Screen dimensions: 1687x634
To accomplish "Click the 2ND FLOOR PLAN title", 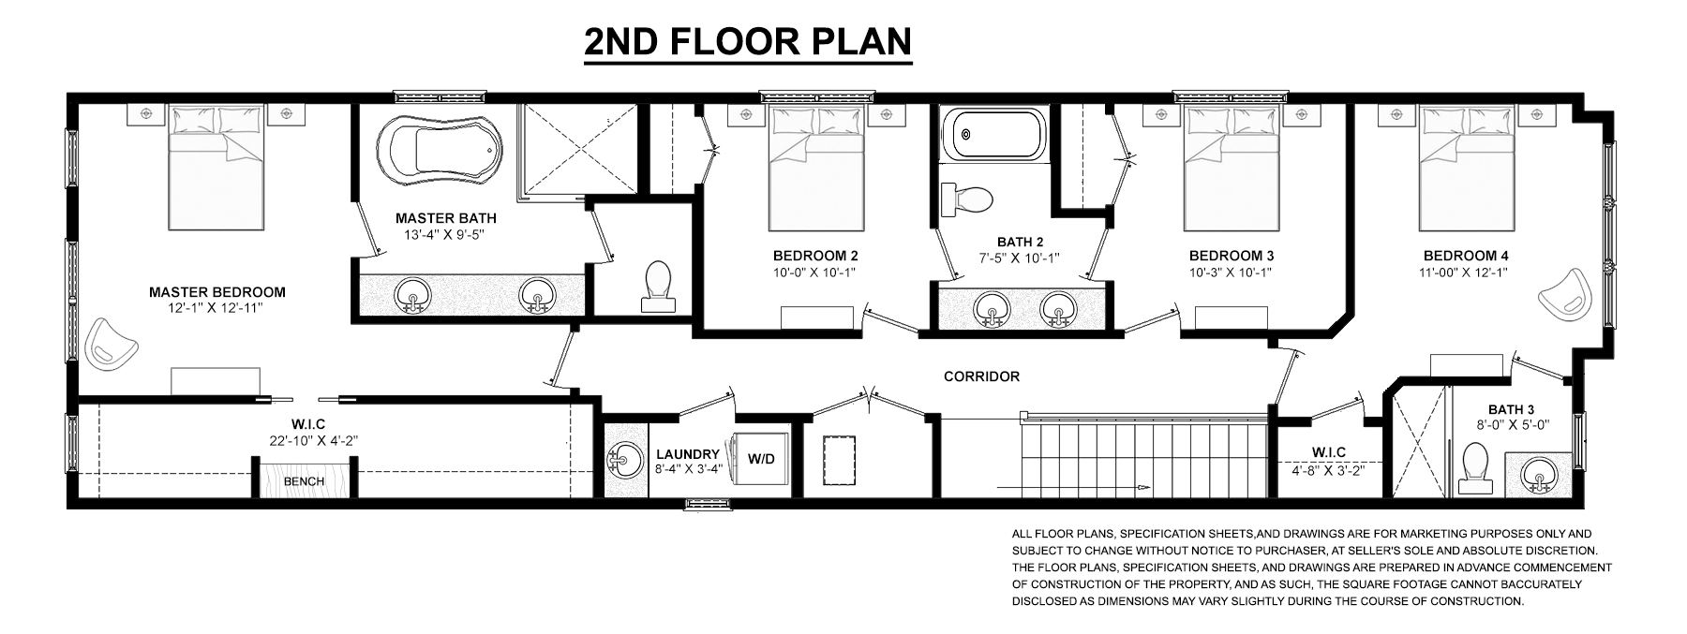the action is [748, 42].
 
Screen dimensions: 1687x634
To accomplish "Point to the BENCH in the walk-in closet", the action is [304, 481].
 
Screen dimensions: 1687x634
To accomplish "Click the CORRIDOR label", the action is [981, 376].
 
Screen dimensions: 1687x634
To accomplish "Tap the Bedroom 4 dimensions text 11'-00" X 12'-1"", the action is [1465, 273].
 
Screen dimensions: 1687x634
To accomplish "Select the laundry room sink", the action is [622, 460].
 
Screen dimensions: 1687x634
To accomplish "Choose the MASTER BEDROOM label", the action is [217, 292].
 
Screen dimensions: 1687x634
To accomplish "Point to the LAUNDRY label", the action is [688, 454].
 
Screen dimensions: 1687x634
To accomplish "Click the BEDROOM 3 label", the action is [1232, 256].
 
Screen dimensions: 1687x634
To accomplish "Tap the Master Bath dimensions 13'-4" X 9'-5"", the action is [439, 235].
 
